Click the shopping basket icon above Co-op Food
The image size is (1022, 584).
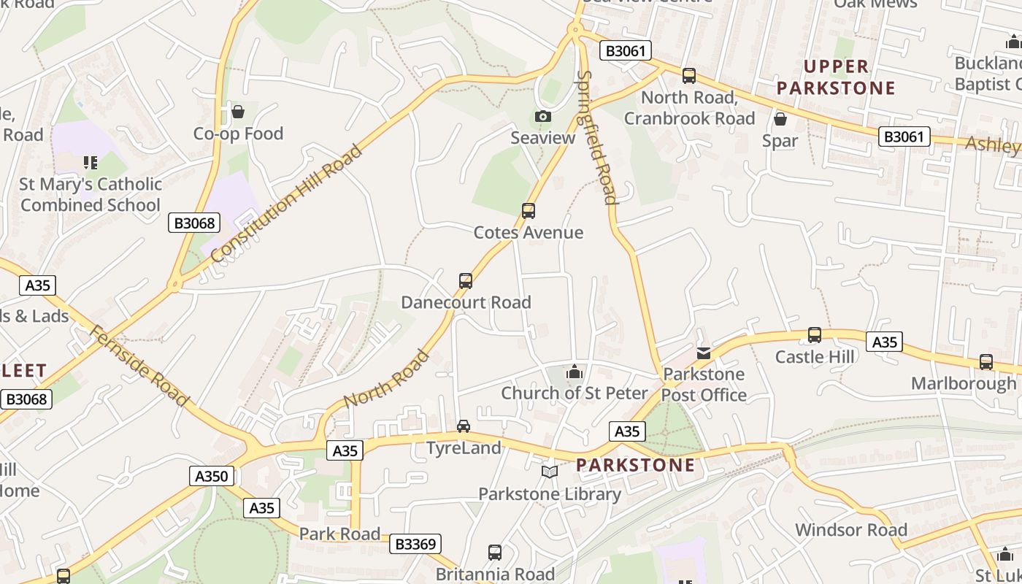coord(237,112)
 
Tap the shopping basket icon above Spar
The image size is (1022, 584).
coord(780,118)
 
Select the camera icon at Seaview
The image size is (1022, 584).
coord(542,116)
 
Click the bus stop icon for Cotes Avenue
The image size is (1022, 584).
coord(529,211)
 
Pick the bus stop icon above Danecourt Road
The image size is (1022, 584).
coord(465,280)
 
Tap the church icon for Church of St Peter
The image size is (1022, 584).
coord(575,372)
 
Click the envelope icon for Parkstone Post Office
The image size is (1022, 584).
coord(703,353)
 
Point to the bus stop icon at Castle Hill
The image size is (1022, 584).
coord(815,335)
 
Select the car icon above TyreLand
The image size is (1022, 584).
coord(463,426)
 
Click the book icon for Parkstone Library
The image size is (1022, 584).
coord(550,472)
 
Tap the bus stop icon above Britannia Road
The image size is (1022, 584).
coord(495,553)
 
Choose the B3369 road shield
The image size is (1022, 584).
coord(415,544)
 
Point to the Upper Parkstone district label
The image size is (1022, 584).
coord(835,77)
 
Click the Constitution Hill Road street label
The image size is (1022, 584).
coord(286,203)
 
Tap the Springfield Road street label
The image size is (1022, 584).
coord(597,137)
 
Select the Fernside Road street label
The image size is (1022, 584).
coord(139,366)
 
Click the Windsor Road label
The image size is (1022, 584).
coord(850,530)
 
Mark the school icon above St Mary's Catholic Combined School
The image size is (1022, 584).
coord(90,162)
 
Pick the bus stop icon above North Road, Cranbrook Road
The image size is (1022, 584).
coord(688,76)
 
